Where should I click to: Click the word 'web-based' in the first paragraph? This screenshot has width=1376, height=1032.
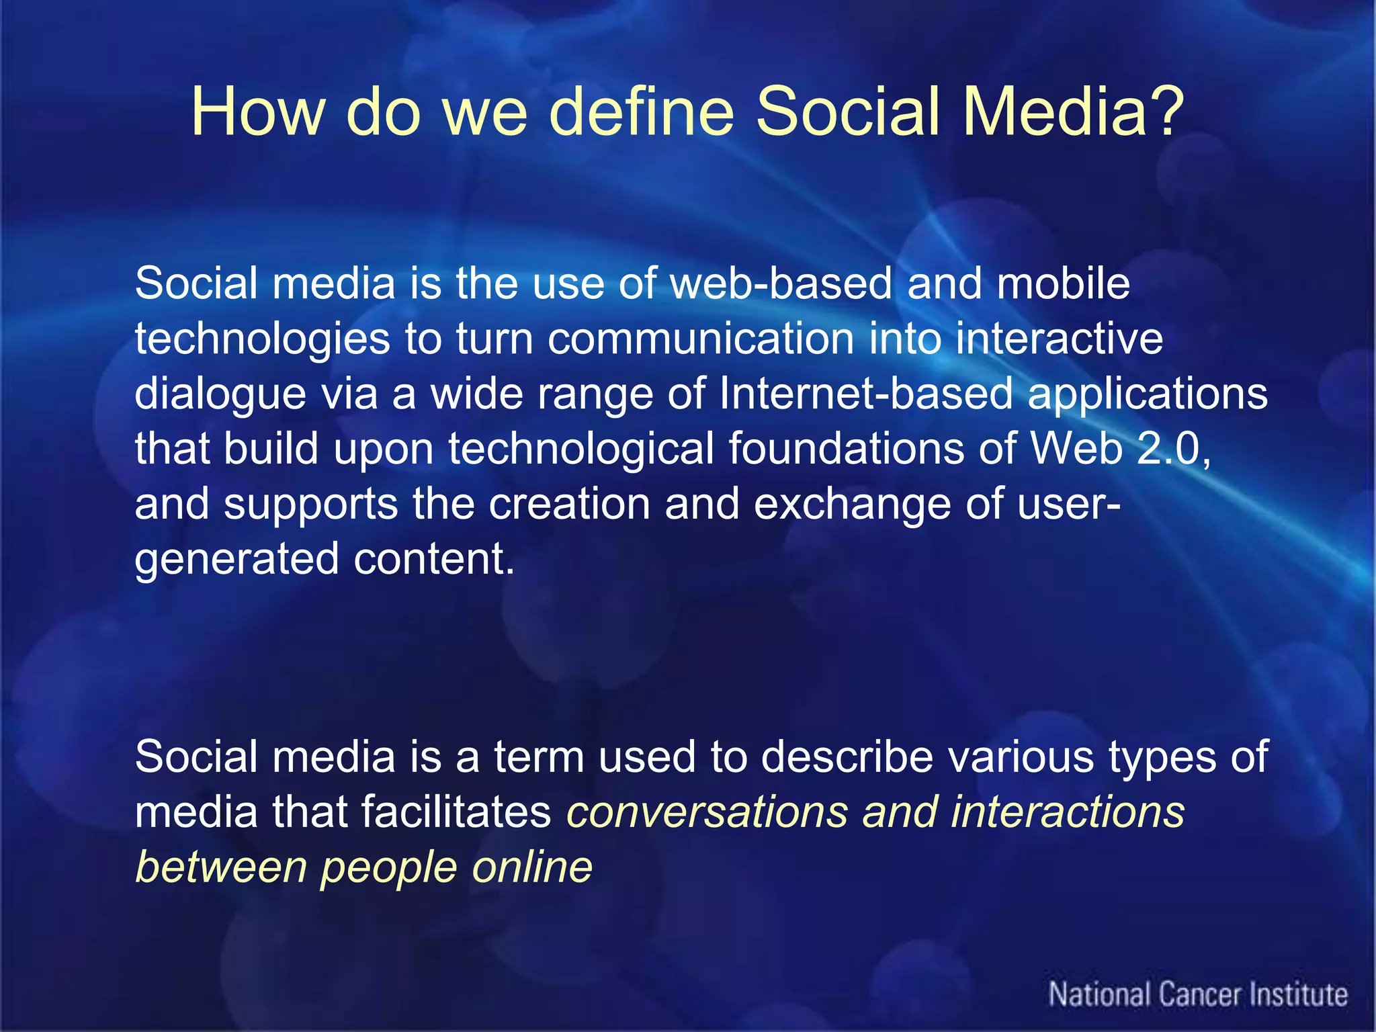[781, 283]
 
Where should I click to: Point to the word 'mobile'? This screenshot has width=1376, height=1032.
[1063, 283]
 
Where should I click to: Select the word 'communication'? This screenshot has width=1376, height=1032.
[701, 338]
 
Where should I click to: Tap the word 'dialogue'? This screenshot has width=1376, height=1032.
[220, 394]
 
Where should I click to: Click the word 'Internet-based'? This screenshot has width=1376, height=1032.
[865, 393]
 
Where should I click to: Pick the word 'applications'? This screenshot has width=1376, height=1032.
[1148, 394]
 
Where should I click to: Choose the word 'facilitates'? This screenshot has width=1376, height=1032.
[456, 812]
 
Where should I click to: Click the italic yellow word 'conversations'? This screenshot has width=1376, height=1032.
[707, 812]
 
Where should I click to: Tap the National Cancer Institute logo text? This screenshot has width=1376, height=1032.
[1198, 994]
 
